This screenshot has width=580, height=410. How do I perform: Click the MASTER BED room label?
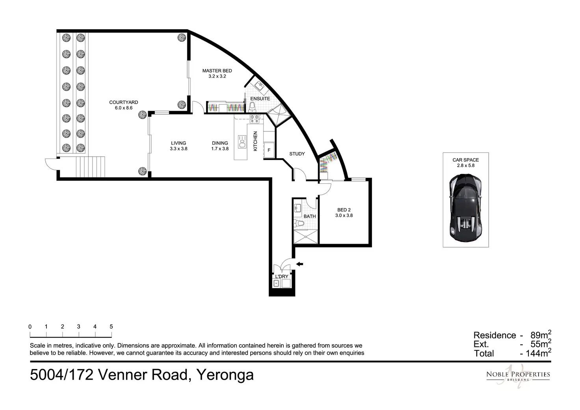click(217, 71)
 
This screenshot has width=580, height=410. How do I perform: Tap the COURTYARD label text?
click(123, 102)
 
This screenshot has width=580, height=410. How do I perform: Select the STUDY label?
click(297, 154)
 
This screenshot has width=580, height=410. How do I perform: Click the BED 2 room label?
click(344, 210)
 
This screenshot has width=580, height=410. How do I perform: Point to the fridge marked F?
click(269, 150)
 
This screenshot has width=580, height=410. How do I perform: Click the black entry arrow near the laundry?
click(299, 264)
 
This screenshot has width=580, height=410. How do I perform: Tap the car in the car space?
click(466, 208)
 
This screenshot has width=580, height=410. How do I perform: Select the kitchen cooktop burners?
click(254, 119)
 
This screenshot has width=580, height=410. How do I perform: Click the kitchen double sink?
click(242, 142)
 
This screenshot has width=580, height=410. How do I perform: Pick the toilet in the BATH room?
click(299, 223)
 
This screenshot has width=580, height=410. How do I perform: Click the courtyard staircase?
click(90, 167)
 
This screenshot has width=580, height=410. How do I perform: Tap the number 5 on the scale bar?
click(112, 326)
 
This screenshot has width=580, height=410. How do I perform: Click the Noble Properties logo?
click(518, 376)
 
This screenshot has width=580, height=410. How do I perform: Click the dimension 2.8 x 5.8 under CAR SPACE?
click(466, 166)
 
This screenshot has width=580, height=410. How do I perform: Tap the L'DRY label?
click(282, 276)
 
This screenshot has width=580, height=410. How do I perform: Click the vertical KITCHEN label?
click(255, 141)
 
